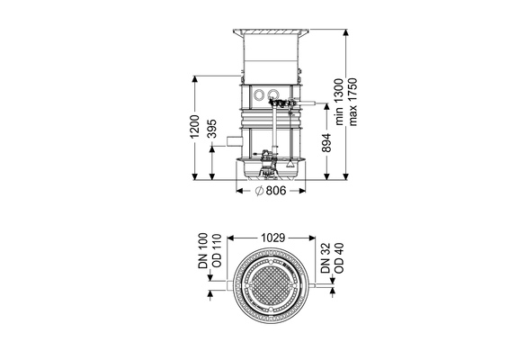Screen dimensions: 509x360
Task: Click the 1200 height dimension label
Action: tap(194, 126)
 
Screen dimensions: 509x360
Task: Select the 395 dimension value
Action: tap(211, 129)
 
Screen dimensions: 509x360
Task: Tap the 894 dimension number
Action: tap(326, 142)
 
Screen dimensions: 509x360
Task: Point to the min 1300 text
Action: tap(339, 102)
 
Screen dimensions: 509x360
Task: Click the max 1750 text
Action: tap(353, 102)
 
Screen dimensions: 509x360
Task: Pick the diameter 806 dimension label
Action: tap(271, 191)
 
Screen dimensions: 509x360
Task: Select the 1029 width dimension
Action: tap(273, 238)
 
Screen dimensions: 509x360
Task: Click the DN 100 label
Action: tap(203, 250)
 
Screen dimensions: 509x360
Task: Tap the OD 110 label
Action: tap(216, 250)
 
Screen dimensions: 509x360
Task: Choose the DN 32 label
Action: tap(326, 258)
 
